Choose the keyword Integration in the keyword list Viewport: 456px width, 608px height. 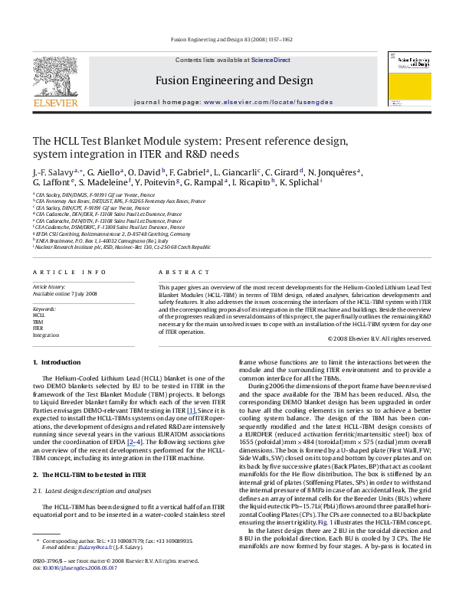pyautogui.click(x=45, y=335)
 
